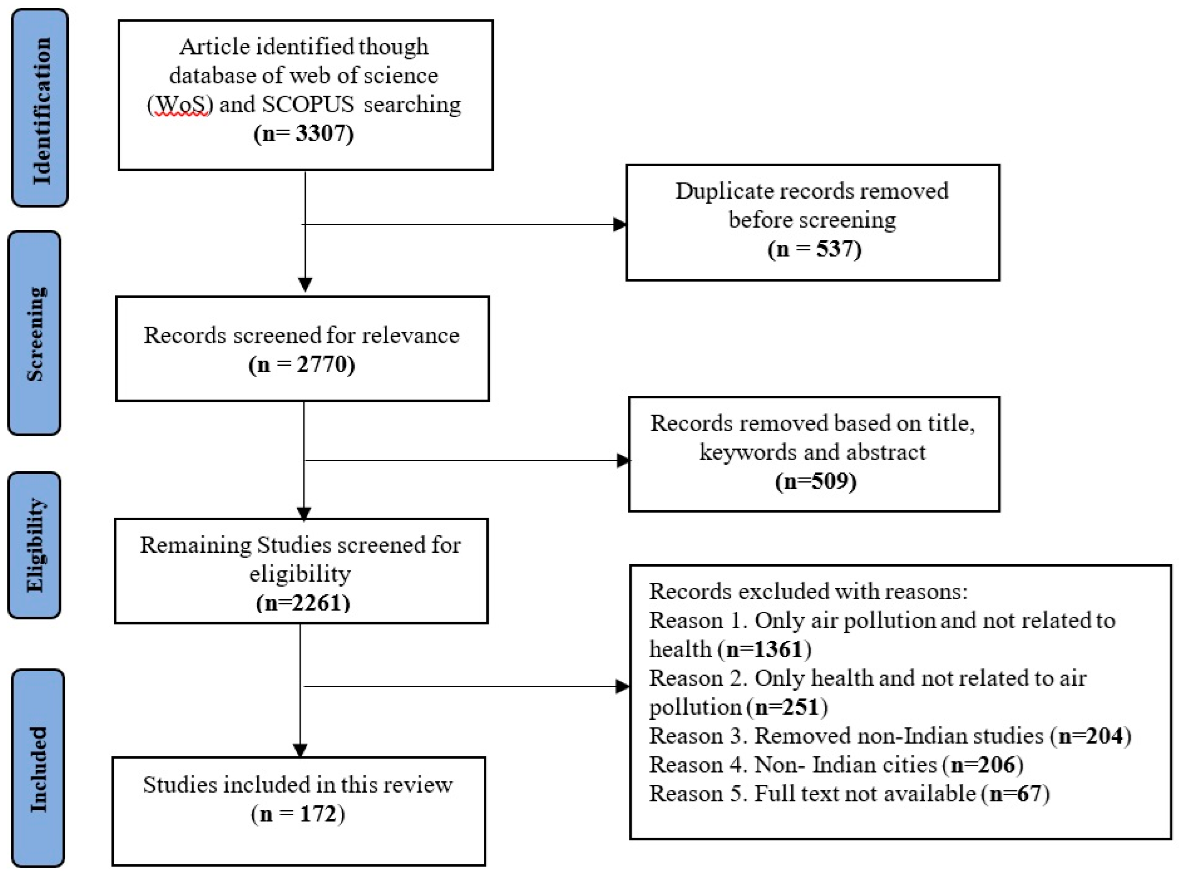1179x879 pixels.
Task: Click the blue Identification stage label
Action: click(x=40, y=108)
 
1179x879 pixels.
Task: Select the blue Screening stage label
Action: click(x=34, y=333)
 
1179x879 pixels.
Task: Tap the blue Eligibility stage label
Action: click(x=34, y=545)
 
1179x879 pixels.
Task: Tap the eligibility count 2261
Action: click(x=317, y=603)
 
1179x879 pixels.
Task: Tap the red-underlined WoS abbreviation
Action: click(x=180, y=104)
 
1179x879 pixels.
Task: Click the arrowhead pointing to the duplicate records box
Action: click(x=620, y=224)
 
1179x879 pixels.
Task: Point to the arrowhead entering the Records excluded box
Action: click(x=624, y=686)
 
